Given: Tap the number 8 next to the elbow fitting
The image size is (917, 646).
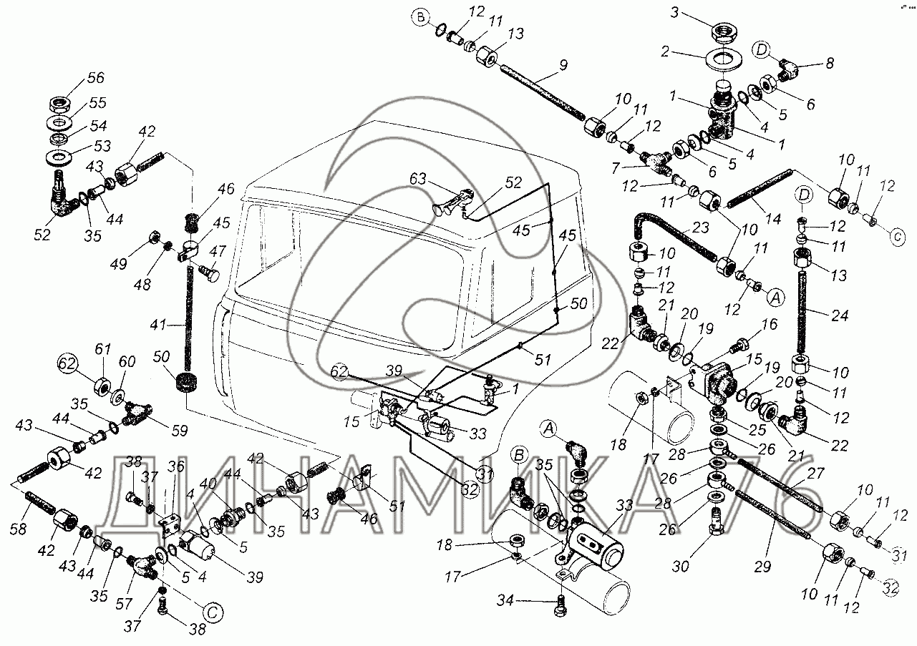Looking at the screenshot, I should pyautogui.click(x=830, y=63).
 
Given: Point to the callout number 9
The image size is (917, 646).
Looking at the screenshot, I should pyautogui.click(x=563, y=64).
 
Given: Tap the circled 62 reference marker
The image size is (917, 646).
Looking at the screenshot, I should pyautogui.click(x=67, y=363).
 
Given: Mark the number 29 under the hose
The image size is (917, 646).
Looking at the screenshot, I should pyautogui.click(x=762, y=567).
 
